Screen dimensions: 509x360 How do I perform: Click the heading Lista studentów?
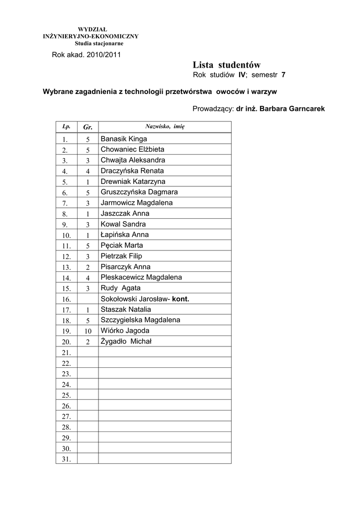click(226, 65)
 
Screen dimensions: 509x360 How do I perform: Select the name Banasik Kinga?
click(124, 139)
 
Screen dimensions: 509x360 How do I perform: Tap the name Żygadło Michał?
click(126, 341)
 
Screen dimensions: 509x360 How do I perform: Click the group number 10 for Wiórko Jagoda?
click(88, 331)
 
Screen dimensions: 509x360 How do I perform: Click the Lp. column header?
click(67, 126)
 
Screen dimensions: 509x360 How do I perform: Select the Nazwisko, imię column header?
click(165, 126)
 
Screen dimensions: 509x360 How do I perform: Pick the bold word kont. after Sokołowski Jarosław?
click(180, 299)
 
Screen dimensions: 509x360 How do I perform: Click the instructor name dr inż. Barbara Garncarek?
click(280, 108)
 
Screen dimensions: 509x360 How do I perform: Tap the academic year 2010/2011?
click(104, 54)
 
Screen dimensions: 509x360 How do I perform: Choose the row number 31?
click(67, 459)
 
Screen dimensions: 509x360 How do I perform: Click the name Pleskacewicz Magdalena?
click(141, 277)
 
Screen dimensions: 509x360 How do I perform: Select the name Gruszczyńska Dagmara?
click(139, 192)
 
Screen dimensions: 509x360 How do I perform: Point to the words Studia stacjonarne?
click(92, 43)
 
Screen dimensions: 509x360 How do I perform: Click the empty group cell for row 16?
click(88, 299)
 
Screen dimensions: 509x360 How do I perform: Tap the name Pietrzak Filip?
click(121, 256)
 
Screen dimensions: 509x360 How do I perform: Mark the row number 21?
click(67, 352)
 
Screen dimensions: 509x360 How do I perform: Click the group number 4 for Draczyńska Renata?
click(88, 171)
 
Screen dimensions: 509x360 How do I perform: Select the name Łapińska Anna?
click(125, 235)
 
